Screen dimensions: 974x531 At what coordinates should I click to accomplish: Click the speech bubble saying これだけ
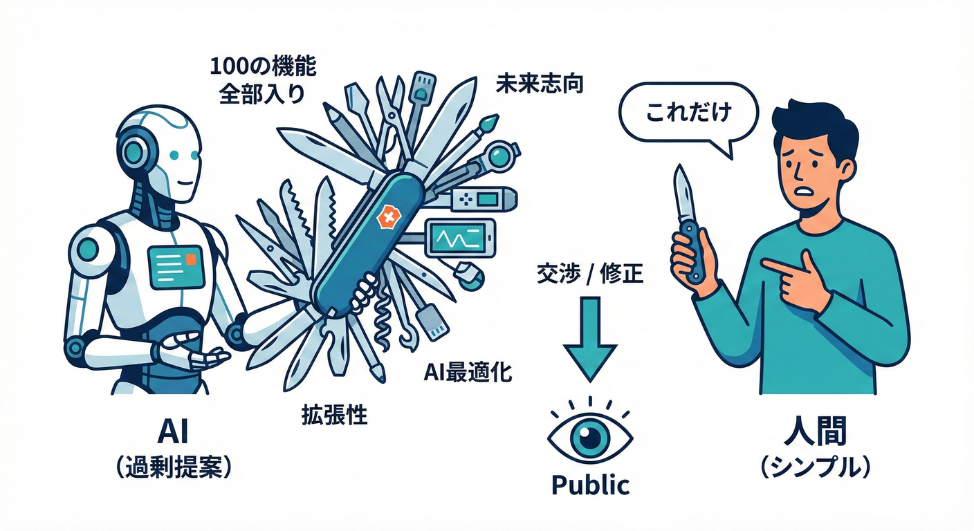point(688,114)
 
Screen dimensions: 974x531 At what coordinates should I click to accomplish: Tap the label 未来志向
point(540,84)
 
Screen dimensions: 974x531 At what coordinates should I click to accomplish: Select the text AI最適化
point(468,372)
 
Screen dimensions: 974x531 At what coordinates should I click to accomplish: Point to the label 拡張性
point(335,416)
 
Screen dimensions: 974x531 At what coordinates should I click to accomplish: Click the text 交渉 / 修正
point(590,274)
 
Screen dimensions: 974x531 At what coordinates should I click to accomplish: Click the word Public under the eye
point(591,485)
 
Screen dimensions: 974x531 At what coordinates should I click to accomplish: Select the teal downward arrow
point(590,339)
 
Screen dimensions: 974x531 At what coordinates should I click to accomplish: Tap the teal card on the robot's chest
point(176,266)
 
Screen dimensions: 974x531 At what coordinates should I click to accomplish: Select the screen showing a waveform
point(460,238)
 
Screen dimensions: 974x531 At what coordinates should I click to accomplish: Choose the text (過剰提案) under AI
point(174,467)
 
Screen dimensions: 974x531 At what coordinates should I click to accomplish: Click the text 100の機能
point(263,67)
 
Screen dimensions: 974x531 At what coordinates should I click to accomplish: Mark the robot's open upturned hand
point(194,353)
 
